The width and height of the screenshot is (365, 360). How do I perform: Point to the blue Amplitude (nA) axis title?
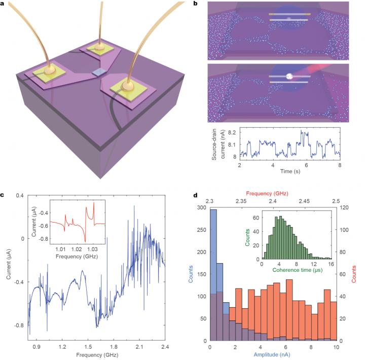pyautogui.click(x=272, y=355)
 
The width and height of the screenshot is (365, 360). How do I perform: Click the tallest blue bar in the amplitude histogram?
pyautogui.click(x=213, y=274)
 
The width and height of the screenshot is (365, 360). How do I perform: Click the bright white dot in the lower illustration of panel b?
pyautogui.click(x=289, y=76)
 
